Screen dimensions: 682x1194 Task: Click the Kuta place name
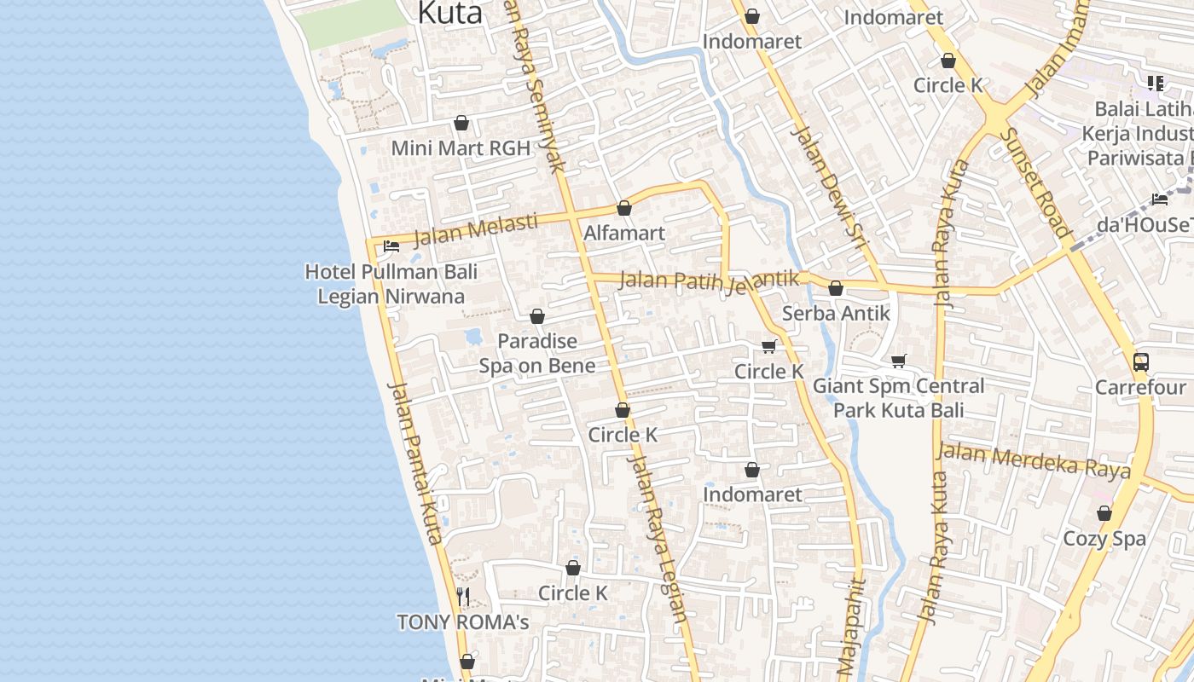coord(449,13)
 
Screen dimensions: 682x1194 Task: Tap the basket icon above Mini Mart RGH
coord(461,124)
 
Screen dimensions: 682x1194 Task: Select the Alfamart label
coord(624,233)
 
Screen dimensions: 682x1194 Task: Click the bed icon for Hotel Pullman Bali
coord(391,246)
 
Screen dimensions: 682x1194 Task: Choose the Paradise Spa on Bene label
coord(537,353)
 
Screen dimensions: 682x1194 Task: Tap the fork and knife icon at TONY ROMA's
coord(463,596)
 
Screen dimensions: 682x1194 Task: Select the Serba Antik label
coord(836,313)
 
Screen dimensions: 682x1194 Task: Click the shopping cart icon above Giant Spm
coord(898,361)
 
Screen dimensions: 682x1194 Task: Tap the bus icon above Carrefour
coord(1141,361)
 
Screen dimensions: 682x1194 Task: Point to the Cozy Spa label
coord(1104,539)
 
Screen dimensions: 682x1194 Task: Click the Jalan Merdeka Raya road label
coord(1033,460)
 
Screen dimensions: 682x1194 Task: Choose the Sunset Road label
coord(1034,182)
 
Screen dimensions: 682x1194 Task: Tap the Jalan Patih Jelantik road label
coord(709,280)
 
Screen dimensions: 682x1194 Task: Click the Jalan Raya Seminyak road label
coord(535,85)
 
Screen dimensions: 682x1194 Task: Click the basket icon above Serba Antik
coord(836,289)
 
